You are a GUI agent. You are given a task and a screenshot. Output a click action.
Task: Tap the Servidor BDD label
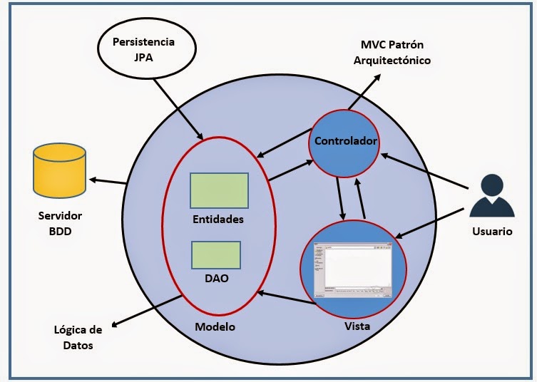(x=59, y=222)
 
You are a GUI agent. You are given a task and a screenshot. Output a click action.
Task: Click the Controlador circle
(x=345, y=142)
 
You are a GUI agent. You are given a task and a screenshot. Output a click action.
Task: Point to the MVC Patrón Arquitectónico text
(x=392, y=53)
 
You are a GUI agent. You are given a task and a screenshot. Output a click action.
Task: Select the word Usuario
(x=491, y=231)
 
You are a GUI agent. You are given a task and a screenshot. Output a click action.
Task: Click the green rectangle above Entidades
(x=219, y=190)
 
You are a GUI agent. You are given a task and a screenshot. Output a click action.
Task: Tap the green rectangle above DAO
(x=215, y=254)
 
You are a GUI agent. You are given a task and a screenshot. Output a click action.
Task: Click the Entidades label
(x=218, y=219)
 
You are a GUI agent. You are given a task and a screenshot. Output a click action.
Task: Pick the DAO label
(x=216, y=278)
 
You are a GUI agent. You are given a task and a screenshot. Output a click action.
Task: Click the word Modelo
(x=215, y=327)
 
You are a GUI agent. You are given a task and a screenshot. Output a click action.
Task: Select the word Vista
(x=357, y=327)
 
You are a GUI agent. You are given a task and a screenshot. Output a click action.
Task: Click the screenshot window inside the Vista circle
(x=354, y=270)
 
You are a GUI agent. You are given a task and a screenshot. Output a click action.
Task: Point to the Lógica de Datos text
(x=78, y=337)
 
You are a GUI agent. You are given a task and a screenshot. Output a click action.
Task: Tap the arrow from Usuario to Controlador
(x=424, y=171)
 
